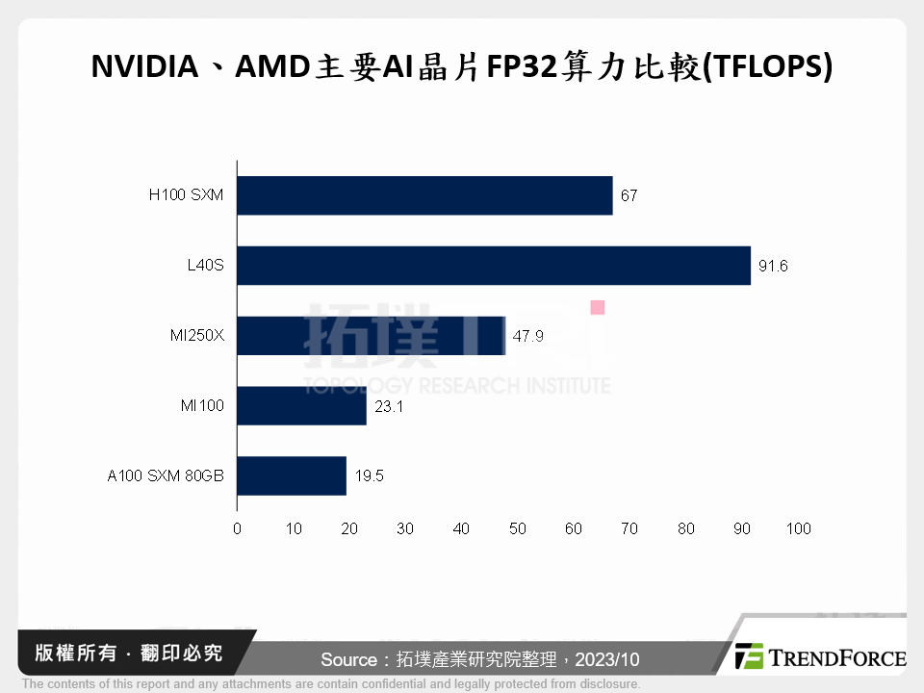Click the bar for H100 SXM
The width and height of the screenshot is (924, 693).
pyautogui.click(x=424, y=195)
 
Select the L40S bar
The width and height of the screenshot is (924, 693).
pyautogui.click(x=493, y=266)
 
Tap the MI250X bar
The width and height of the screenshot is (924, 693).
pyautogui.click(x=371, y=336)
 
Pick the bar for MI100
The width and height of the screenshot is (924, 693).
pyautogui.click(x=301, y=406)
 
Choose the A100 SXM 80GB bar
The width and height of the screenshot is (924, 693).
pyautogui.click(x=291, y=476)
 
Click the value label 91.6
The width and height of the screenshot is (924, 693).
pyautogui.click(x=773, y=267)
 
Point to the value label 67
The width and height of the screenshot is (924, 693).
pyautogui.click(x=629, y=196)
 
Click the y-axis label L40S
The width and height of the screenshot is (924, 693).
pyautogui.click(x=205, y=266)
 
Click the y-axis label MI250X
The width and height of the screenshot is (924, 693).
pyautogui.click(x=195, y=336)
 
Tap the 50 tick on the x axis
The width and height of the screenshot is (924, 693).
pyautogui.click(x=518, y=528)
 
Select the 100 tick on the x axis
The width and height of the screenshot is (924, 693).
pyautogui.click(x=798, y=528)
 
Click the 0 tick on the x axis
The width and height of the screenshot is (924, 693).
pyautogui.click(x=237, y=528)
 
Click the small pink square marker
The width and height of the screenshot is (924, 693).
pyautogui.click(x=598, y=307)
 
